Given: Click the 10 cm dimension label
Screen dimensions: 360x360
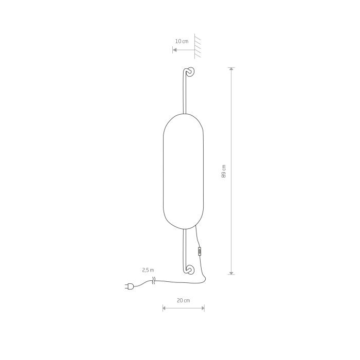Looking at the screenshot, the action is (x=182, y=41).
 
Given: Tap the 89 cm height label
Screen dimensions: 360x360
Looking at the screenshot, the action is (x=224, y=171).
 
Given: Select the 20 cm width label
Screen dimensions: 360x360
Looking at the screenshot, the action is (x=184, y=300).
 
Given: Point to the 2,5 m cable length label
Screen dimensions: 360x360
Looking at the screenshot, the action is (x=148, y=270).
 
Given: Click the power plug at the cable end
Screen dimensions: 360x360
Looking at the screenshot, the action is (x=129, y=286).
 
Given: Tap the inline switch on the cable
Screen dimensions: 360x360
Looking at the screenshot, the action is (x=200, y=251).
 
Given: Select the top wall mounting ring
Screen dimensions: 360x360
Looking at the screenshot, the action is (x=190, y=71).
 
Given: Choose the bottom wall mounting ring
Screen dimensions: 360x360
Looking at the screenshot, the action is (x=190, y=269).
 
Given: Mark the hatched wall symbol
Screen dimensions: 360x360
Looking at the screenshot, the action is (x=197, y=46).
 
